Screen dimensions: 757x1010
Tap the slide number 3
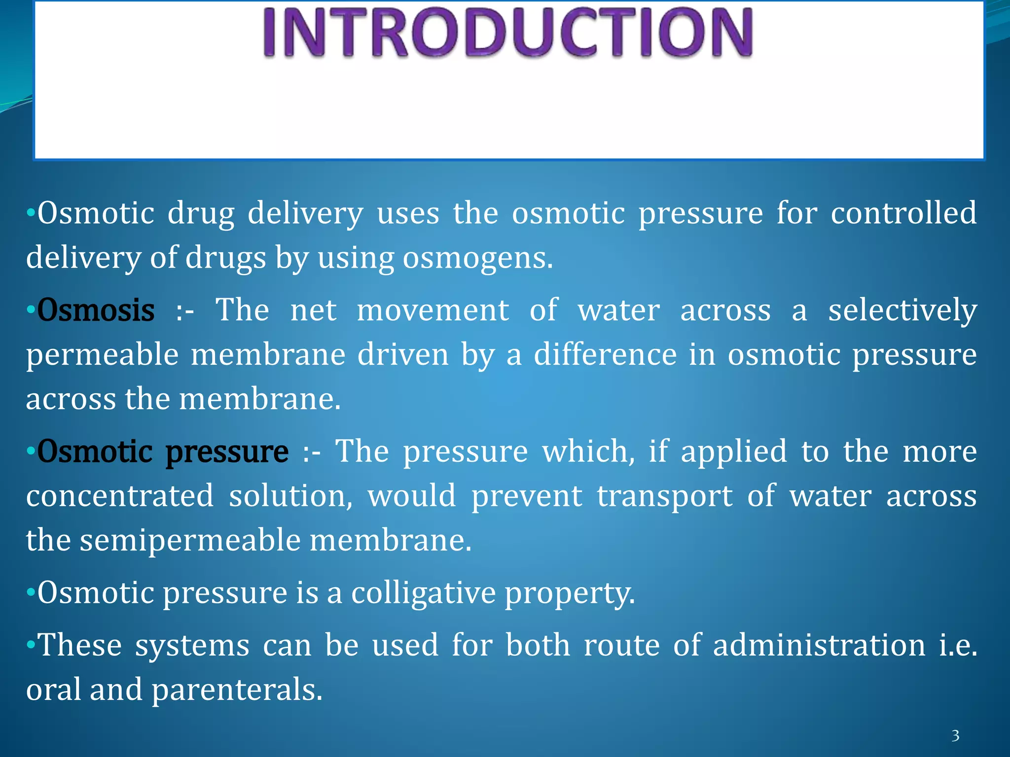[x=955, y=736]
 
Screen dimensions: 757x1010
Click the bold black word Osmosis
[x=96, y=310]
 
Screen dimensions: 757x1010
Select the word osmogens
[x=477, y=258]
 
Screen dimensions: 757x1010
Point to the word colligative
[x=423, y=592]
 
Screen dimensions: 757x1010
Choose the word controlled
[x=903, y=213]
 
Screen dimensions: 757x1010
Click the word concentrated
[x=120, y=496]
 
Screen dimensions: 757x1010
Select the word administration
[x=819, y=645]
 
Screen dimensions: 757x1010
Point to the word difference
[x=606, y=355]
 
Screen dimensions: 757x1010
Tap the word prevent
[x=527, y=496]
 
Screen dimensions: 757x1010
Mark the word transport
[x=665, y=497]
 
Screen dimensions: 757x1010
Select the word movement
[x=433, y=310]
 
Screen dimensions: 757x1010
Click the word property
[x=570, y=593]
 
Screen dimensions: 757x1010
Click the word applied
[x=734, y=452]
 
